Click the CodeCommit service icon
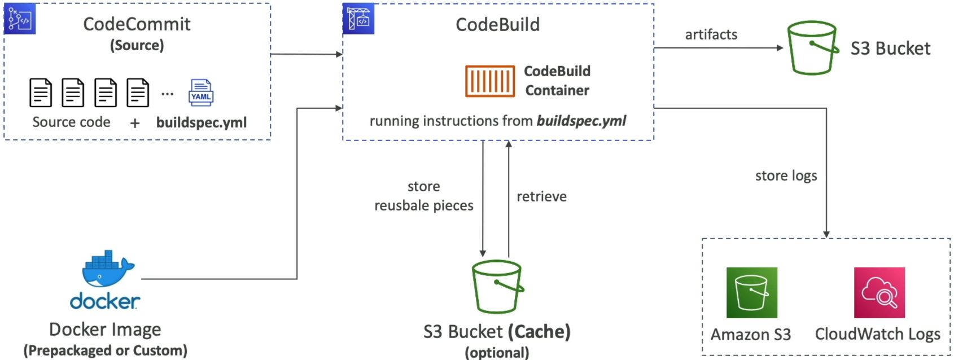20,19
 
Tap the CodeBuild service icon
358,19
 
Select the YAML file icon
201,93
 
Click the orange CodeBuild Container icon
490,81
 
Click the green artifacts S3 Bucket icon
813,47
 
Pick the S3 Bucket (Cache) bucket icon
497,287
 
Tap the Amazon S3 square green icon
752,293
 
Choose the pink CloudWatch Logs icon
879,293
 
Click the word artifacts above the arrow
711,34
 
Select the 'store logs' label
786,175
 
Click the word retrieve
541,196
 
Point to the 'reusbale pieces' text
424,206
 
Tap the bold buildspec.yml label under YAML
202,122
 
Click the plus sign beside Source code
134,124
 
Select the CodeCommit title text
137,24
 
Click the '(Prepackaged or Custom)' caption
105,350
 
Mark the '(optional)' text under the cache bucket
497,353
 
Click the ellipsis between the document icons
168,94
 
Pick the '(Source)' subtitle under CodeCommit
137,46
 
